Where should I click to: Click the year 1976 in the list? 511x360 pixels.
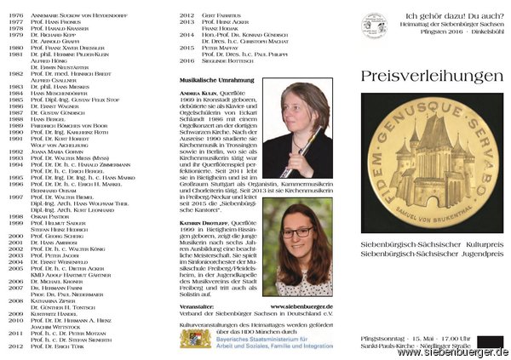click(14, 14)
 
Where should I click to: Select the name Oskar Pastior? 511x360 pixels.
click(50, 216)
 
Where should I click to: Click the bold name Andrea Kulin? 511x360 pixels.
click(197, 91)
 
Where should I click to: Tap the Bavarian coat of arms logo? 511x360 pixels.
click(195, 340)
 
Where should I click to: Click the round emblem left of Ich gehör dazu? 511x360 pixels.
click(373, 26)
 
